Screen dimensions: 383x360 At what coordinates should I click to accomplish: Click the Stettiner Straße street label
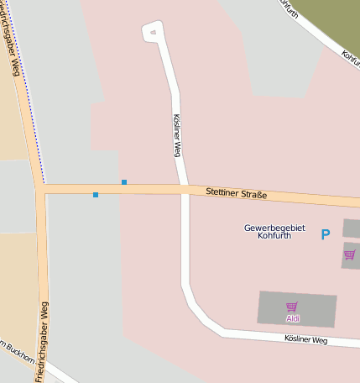(236, 194)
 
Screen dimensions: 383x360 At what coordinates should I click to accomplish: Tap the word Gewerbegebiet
(274, 228)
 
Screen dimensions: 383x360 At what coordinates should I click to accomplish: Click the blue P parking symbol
(326, 234)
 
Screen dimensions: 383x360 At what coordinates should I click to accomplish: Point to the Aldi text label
(293, 318)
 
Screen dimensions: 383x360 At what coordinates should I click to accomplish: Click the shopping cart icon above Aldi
(292, 307)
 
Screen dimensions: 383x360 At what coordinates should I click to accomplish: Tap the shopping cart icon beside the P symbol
(349, 254)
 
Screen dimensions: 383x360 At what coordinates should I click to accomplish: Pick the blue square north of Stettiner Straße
(124, 181)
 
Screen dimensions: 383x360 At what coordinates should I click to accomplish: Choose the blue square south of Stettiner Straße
(96, 195)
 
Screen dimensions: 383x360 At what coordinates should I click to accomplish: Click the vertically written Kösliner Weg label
(176, 135)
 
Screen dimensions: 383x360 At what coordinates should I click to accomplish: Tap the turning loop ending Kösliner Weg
(152, 32)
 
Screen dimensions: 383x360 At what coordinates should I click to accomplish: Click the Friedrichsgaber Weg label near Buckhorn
(42, 340)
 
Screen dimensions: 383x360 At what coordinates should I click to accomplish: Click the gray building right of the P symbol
(352, 228)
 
